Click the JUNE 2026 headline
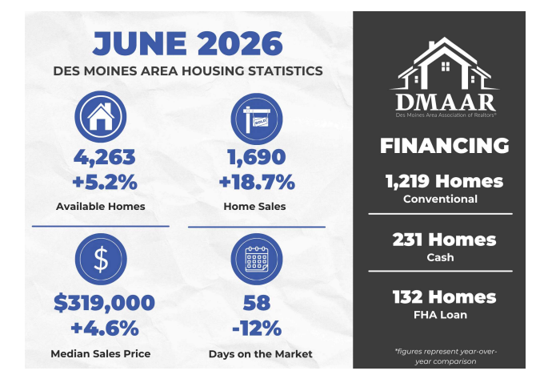[188, 43]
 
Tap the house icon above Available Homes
[101, 116]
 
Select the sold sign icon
[257, 119]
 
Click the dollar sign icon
[101, 259]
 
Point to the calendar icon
[257, 259]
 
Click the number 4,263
[105, 158]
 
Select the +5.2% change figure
[105, 183]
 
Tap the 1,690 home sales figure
[257, 157]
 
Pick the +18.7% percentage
[257, 183]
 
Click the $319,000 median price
[104, 303]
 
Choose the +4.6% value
[105, 329]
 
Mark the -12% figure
[257, 329]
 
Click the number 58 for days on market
[257, 303]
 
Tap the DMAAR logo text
[446, 103]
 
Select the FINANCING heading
[445, 146]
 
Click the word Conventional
[440, 199]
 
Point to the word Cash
[440, 257]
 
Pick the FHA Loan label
[440, 315]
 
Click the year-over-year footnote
[446, 356]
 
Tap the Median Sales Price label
[101, 353]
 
